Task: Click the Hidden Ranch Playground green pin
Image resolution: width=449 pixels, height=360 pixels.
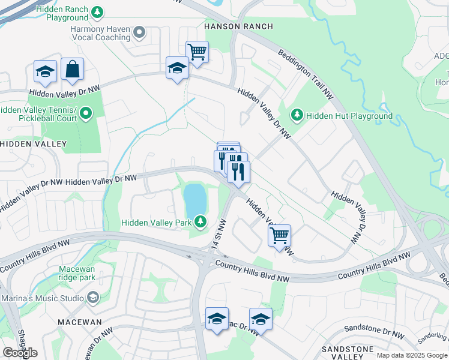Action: pyautogui.click(x=97, y=11)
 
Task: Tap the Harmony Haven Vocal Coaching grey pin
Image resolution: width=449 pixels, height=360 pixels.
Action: pyautogui.click(x=139, y=32)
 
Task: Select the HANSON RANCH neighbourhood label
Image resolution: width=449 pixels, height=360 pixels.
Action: pyautogui.click(x=238, y=26)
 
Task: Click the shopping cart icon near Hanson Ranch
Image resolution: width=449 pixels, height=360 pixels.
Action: pyautogui.click(x=197, y=52)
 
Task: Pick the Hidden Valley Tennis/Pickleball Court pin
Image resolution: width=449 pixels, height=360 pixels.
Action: pyautogui.click(x=86, y=113)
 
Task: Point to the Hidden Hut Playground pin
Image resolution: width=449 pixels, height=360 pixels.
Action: pyautogui.click(x=296, y=114)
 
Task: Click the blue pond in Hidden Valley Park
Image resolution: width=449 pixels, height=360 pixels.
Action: pyautogui.click(x=194, y=201)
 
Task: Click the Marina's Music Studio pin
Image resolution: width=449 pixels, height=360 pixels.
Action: pyautogui.click(x=93, y=298)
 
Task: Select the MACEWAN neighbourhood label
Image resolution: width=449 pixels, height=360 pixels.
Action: pyautogui.click(x=79, y=322)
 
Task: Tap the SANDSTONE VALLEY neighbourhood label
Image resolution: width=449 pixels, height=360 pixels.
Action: pyautogui.click(x=348, y=353)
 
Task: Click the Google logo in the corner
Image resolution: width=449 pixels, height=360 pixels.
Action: pyautogui.click(x=20, y=353)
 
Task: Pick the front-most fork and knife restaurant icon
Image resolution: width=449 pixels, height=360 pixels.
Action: pyautogui.click(x=239, y=172)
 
